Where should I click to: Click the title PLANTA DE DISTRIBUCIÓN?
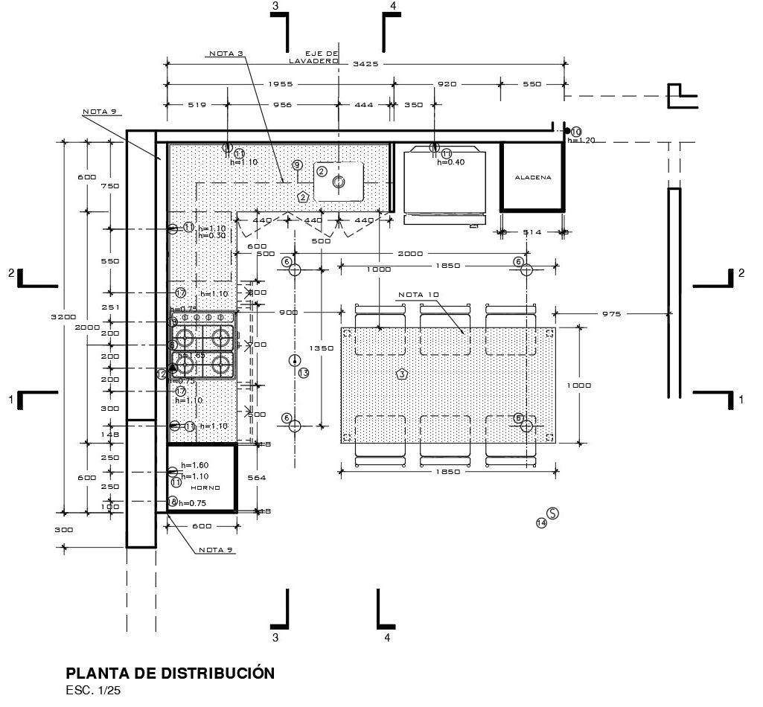(170, 674)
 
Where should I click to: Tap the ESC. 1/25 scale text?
(93, 691)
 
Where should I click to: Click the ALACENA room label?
(533, 178)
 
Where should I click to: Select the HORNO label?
(205, 487)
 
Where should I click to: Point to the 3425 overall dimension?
(365, 64)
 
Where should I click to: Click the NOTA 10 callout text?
(418, 295)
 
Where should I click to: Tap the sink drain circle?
(339, 182)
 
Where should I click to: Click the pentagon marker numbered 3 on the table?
(402, 374)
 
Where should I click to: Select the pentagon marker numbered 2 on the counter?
(302, 197)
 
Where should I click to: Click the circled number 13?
(303, 373)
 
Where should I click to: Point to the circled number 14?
(541, 523)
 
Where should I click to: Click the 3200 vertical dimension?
(63, 317)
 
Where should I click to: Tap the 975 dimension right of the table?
(611, 314)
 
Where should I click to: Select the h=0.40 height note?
(450, 162)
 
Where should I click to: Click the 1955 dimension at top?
(280, 84)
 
